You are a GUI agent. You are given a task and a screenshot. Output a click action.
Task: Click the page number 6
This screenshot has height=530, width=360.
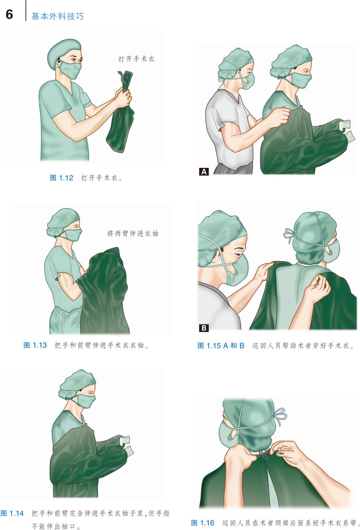9,14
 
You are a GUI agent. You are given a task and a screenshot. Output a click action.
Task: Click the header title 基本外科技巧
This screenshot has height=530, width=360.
57,16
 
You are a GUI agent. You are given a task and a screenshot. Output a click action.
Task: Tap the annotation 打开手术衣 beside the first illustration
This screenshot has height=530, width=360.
137,59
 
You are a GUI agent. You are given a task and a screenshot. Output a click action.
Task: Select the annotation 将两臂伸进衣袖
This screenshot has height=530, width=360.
133,233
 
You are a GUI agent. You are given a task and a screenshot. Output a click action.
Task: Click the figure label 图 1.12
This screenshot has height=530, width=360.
62,178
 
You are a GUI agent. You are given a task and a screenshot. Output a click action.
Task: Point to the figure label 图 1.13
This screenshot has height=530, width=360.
35,345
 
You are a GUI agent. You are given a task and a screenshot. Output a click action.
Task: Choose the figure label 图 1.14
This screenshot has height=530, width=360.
12,513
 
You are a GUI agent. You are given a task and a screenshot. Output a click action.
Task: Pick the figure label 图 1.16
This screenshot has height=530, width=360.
203,523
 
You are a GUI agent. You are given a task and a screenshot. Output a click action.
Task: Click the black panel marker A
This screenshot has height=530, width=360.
204,172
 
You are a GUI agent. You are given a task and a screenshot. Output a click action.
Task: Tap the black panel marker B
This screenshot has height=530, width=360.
204,328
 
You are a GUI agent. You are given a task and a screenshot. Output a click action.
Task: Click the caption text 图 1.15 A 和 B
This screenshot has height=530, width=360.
221,346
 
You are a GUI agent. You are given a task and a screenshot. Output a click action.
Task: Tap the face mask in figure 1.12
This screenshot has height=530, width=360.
71,70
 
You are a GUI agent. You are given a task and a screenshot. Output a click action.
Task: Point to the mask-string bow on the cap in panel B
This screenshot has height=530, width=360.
289,235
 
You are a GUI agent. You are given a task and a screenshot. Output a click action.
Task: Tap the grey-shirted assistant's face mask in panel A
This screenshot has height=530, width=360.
248,81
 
